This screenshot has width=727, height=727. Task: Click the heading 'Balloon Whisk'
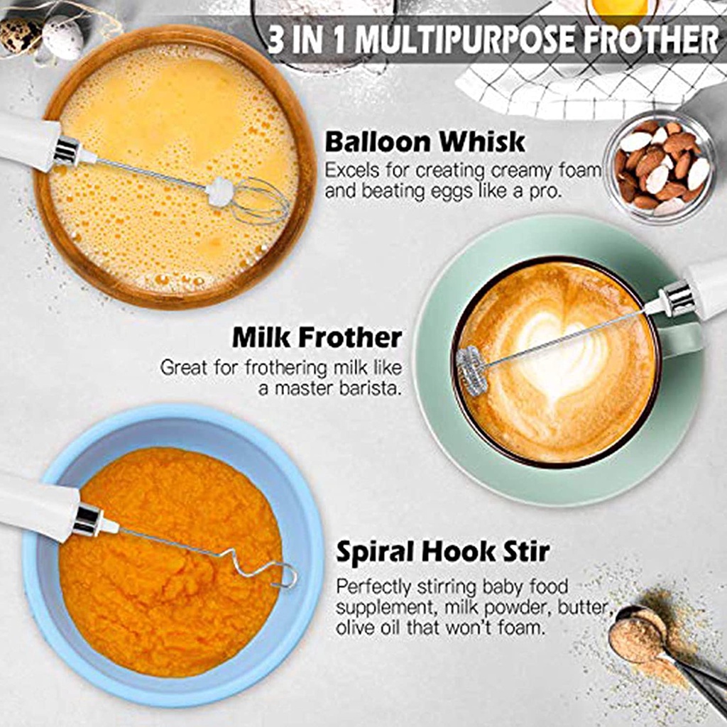pyautogui.click(x=425, y=142)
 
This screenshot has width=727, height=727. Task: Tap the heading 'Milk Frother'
pyautogui.click(x=317, y=337)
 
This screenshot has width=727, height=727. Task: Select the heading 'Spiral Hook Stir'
pyautogui.click(x=443, y=552)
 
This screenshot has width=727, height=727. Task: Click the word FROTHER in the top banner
pyautogui.click(x=650, y=40)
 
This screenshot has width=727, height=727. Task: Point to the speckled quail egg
pyautogui.click(x=20, y=34)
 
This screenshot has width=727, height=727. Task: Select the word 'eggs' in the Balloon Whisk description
pyautogui.click(x=449, y=192)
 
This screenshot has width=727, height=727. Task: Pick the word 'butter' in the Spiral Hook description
pyautogui.click(x=583, y=607)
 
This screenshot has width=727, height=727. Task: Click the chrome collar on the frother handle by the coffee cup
pyautogui.click(x=677, y=299)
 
